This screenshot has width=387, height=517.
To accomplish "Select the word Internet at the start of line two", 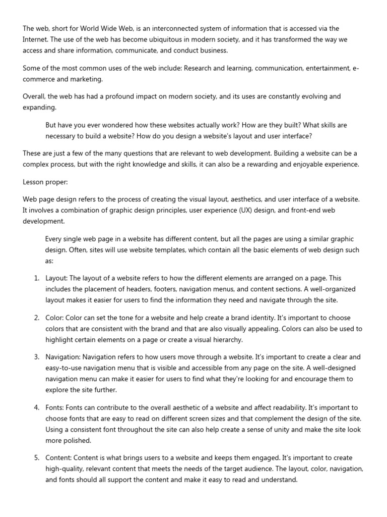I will (35, 39).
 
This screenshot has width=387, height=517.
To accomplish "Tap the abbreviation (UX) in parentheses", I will (244, 211).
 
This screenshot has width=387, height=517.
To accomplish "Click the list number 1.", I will (36, 278).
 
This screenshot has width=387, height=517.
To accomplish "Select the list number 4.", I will (36, 407).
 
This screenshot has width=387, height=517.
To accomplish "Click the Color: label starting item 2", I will (55, 318).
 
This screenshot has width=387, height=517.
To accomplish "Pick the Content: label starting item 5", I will (59, 458).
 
